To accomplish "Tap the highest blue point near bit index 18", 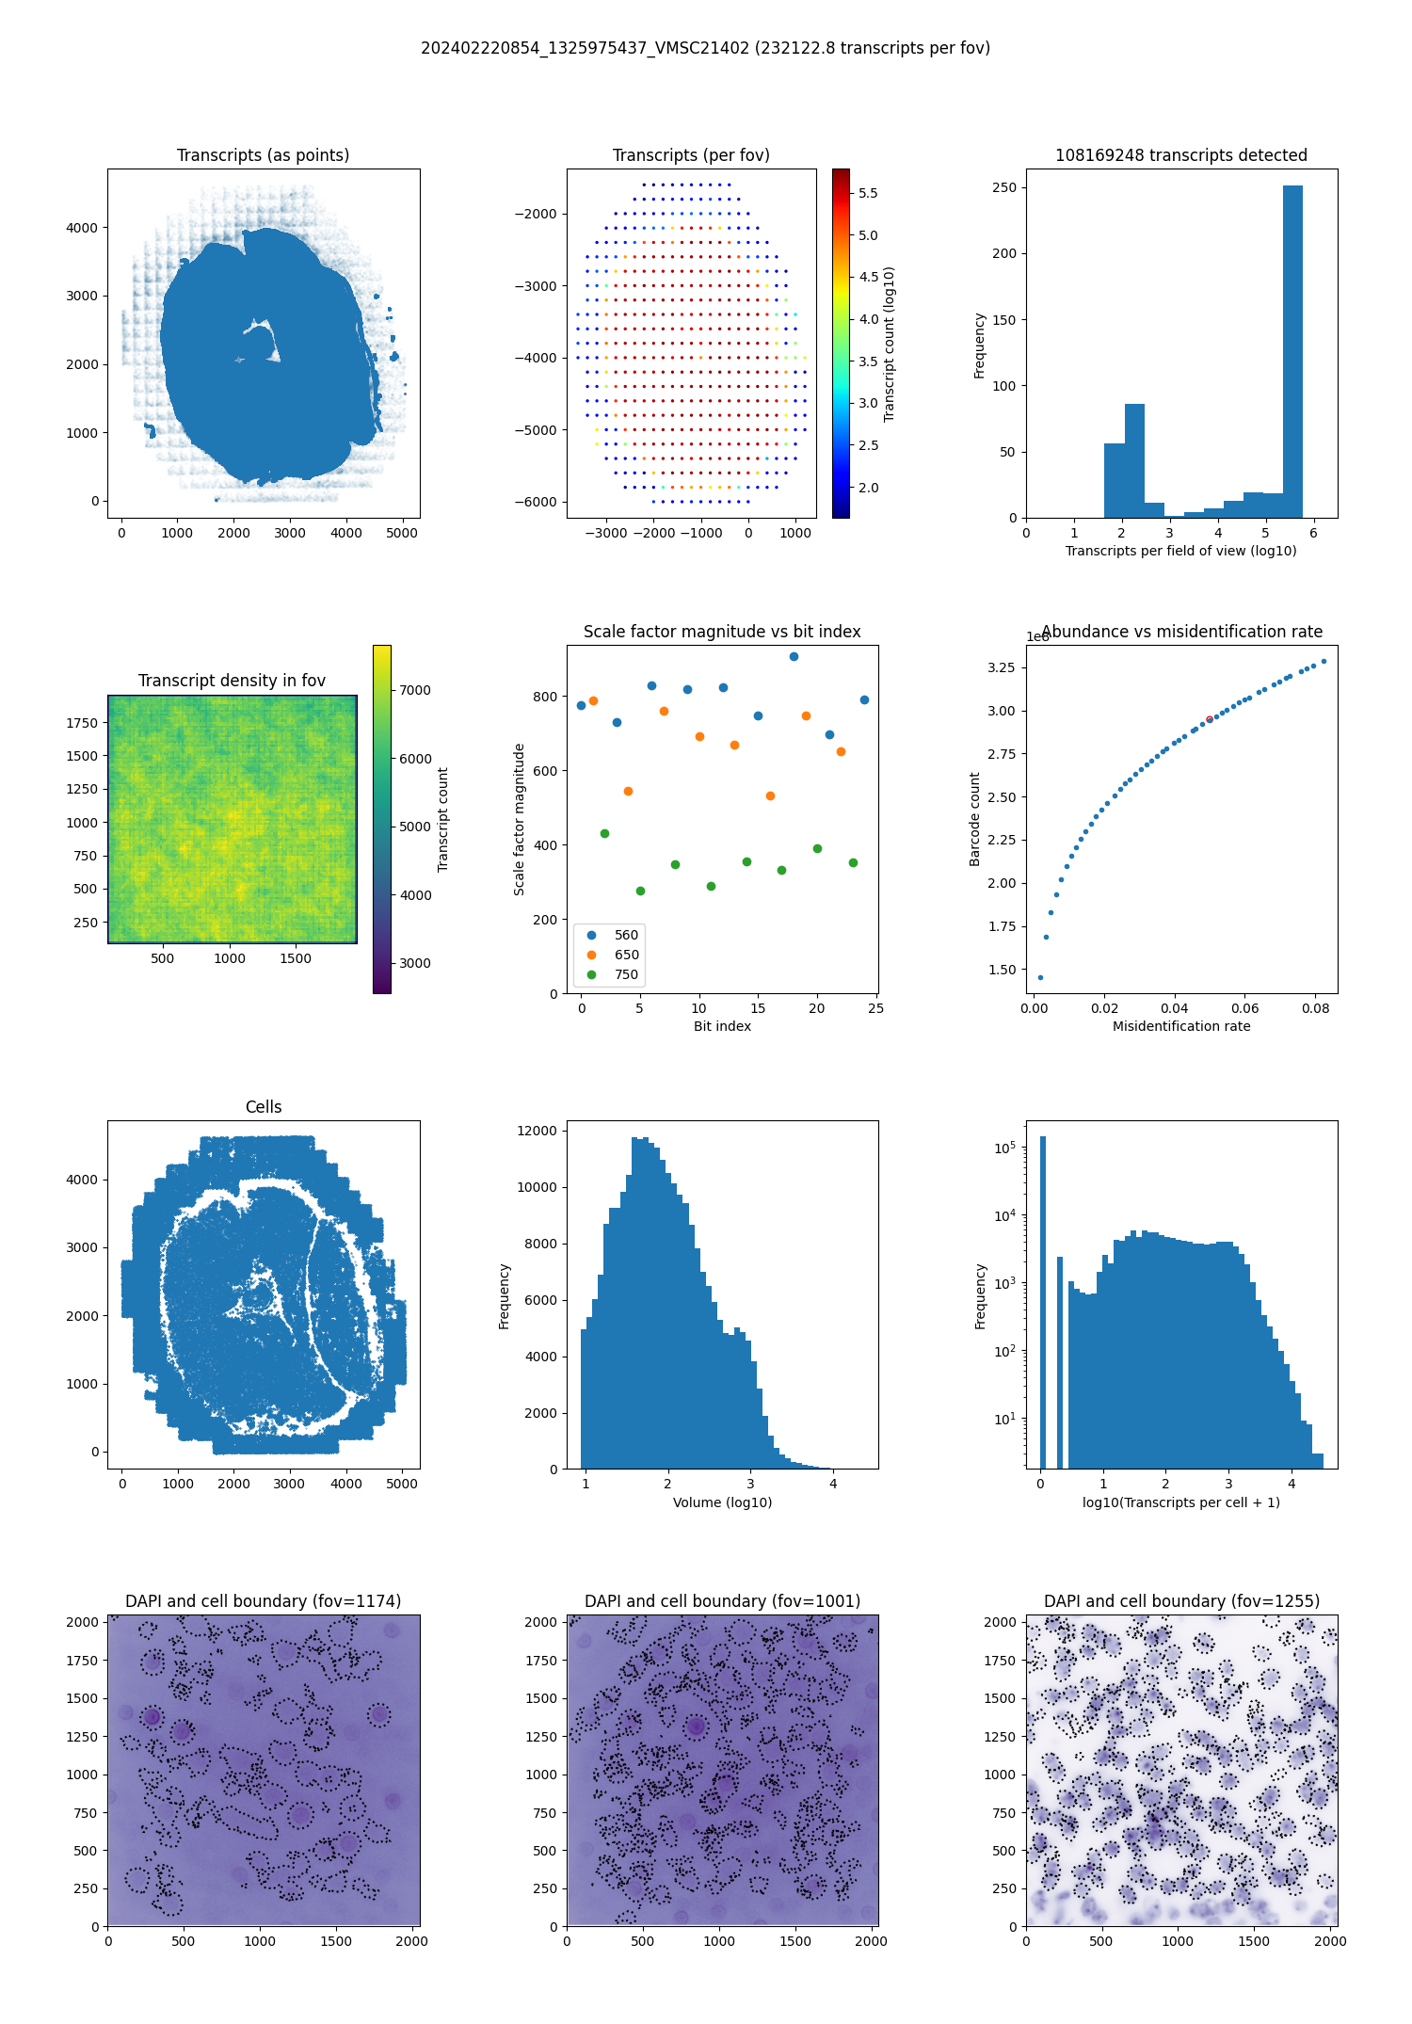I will pos(794,656).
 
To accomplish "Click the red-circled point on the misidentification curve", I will pos(1209,719).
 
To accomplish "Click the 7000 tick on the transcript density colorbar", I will pos(414,690).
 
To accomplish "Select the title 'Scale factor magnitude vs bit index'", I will pos(722,632).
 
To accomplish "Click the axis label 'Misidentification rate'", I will pos(1181,1026).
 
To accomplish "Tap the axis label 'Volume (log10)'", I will pos(722,1502).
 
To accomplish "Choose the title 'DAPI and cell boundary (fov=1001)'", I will pos(722,1601).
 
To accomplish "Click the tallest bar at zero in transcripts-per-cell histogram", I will pos(1042,1299).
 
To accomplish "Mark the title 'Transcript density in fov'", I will pos(232,681).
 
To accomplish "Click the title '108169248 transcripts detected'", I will pos(1181,155).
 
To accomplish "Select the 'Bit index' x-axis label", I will pos(722,1026).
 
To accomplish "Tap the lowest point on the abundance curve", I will pos(1040,977).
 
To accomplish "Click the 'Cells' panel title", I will pos(264,1107).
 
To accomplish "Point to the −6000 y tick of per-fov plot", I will pos(536,502).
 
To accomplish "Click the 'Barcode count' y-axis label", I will pos(975,819).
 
